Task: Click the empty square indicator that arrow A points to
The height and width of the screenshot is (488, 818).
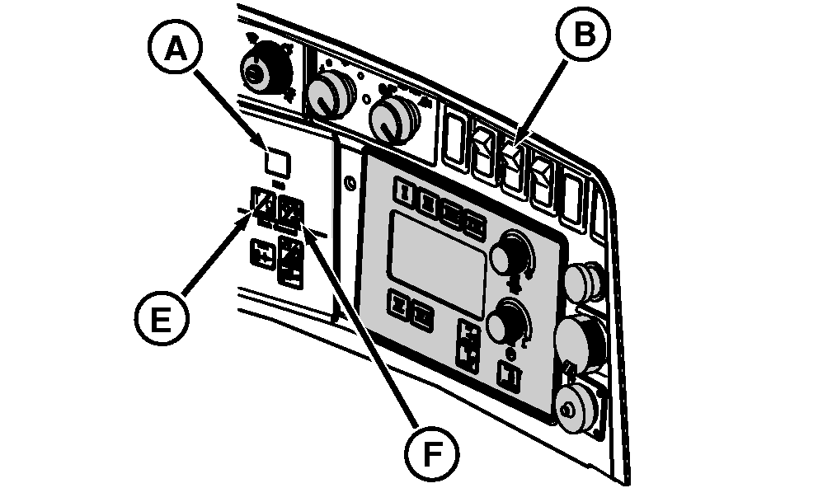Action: pos(277,162)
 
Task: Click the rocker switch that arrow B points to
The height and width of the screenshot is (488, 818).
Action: pos(514,157)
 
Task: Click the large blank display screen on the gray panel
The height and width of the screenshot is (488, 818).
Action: pos(437,248)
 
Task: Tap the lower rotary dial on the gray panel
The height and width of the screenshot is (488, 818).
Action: pos(505,322)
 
